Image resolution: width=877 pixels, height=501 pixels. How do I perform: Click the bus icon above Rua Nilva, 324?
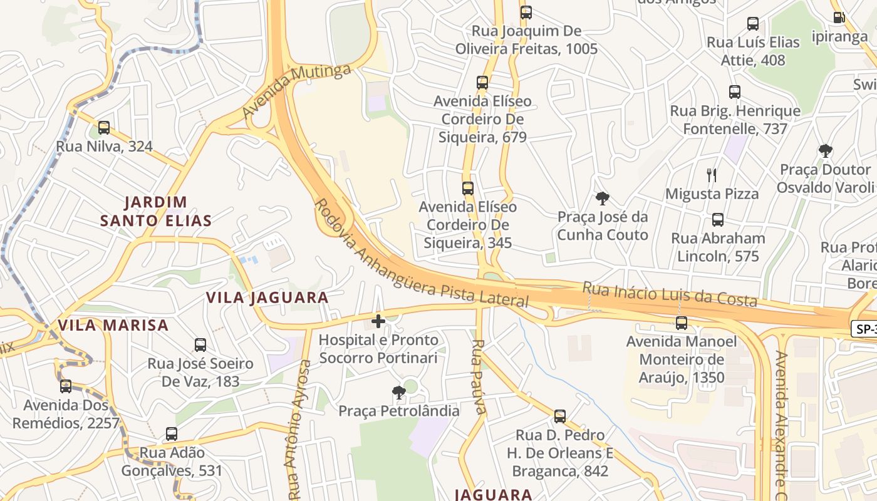(104, 128)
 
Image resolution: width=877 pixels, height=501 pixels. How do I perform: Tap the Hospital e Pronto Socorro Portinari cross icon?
(378, 321)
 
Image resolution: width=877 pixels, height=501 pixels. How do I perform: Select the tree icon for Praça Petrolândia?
(398, 393)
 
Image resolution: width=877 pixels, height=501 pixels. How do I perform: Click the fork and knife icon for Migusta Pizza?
(711, 175)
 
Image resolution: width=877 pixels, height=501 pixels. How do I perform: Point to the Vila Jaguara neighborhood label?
(267, 297)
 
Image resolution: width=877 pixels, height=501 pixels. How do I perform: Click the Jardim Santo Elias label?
(156, 211)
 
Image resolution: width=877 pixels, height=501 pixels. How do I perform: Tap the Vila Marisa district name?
(113, 325)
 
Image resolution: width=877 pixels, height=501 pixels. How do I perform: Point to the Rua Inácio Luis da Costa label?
(670, 294)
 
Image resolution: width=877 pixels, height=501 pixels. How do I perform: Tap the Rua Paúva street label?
(479, 377)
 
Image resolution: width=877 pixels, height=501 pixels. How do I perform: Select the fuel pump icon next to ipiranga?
(838, 18)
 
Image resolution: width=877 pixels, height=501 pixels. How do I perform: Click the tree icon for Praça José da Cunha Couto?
(603, 199)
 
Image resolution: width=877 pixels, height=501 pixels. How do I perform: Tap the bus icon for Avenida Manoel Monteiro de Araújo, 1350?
(682, 323)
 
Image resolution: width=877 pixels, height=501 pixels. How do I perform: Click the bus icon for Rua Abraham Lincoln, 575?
(718, 220)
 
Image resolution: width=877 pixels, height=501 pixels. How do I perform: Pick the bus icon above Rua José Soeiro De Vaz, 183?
(200, 344)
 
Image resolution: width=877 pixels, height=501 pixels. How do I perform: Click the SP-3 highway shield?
(864, 328)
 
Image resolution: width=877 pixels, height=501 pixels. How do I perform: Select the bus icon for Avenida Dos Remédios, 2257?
(66, 386)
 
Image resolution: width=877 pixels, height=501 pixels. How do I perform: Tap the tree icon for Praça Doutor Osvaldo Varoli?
(826, 150)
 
